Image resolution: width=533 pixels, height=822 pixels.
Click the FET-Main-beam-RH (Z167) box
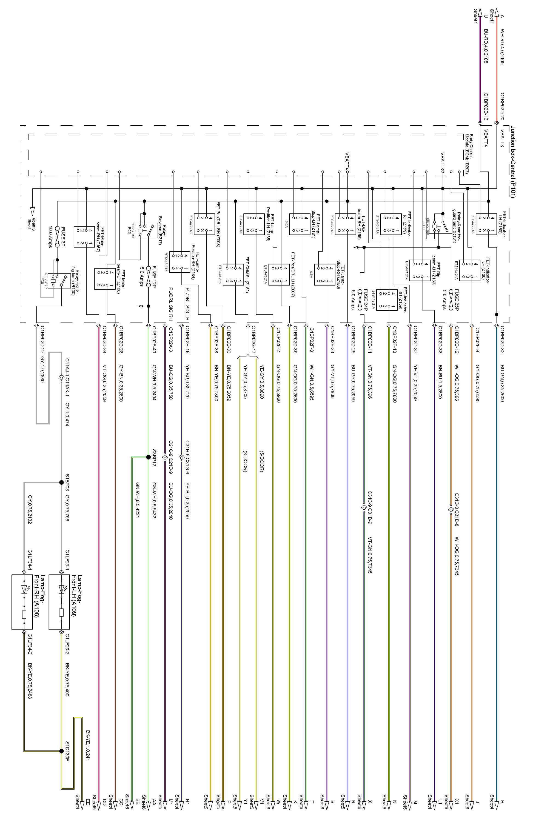tap(84, 236)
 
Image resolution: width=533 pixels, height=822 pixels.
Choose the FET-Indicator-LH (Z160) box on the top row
tap(486, 224)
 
